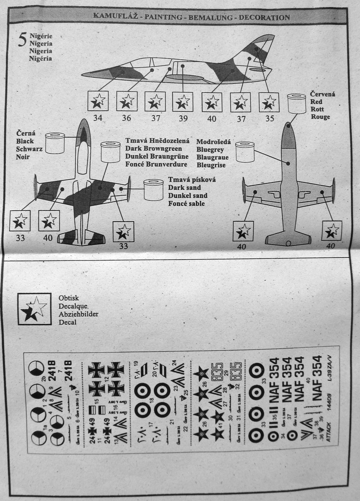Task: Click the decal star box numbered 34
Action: tap(98, 101)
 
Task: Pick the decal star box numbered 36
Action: tap(127, 101)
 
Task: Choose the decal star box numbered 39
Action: tap(183, 101)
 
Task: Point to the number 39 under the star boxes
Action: tap(183, 118)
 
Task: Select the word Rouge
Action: tap(320, 117)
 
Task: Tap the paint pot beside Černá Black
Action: tap(55, 143)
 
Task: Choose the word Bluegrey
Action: tap(210, 149)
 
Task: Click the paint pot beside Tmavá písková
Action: tap(153, 190)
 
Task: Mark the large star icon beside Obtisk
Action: tap(34, 309)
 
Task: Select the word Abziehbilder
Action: tap(79, 314)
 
